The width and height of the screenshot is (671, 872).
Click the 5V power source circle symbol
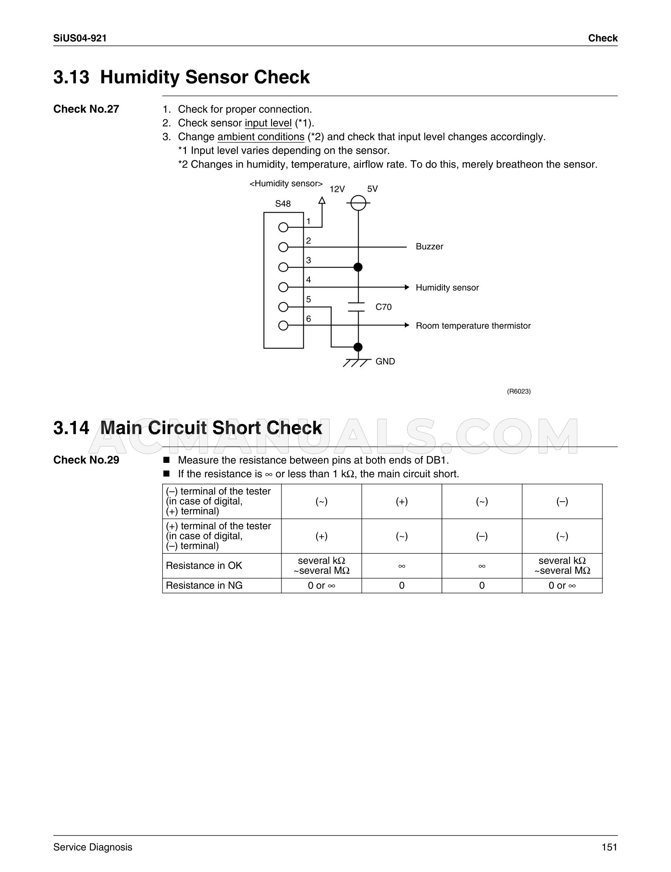[x=358, y=203]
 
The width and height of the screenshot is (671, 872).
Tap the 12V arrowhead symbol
[x=322, y=200]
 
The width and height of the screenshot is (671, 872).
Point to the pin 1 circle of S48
[x=283, y=227]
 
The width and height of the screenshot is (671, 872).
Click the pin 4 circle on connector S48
[x=283, y=287]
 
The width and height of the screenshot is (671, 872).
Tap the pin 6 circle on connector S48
[x=283, y=325]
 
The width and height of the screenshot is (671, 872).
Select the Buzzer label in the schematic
[x=429, y=246]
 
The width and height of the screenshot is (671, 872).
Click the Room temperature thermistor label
[x=473, y=326]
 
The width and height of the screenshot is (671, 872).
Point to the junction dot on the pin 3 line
[x=358, y=267]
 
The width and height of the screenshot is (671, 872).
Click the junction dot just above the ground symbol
[x=358, y=347]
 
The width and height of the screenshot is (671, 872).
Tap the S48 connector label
[x=283, y=204]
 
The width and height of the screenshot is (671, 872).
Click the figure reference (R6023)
[x=519, y=391]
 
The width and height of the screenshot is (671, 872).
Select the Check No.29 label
[x=86, y=460]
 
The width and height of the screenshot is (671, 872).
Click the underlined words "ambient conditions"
[x=261, y=137]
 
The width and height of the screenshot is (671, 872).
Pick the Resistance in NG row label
[x=204, y=585]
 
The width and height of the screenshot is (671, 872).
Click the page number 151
[x=609, y=847]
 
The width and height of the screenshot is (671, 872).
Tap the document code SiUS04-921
[x=80, y=38]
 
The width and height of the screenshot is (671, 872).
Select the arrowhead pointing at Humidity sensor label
[x=406, y=287]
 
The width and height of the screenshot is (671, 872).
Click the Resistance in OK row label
[x=204, y=566]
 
